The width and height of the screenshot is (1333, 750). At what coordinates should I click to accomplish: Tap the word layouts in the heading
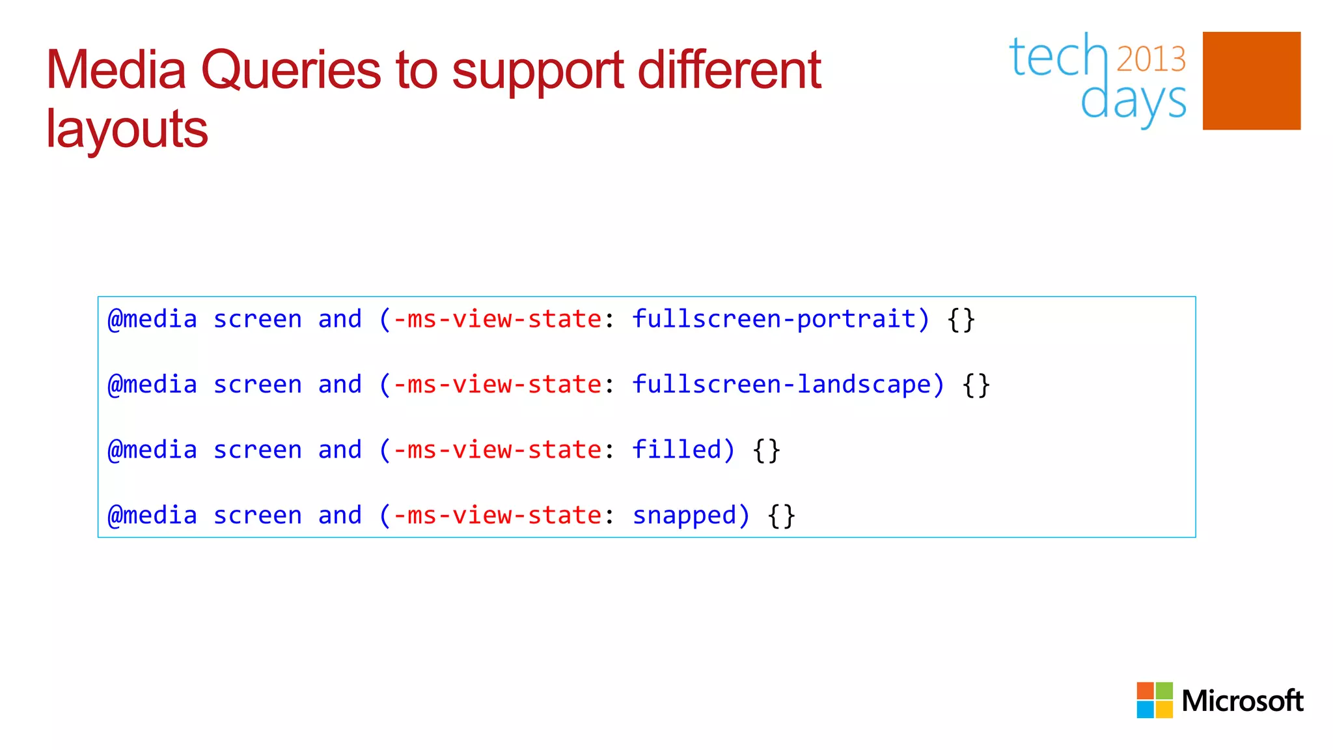click(127, 129)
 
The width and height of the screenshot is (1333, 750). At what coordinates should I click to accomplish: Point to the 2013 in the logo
click(1151, 59)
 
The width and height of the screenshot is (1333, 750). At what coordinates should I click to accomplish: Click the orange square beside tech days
click(1251, 81)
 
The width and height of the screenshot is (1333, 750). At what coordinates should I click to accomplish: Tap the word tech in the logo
click(1058, 57)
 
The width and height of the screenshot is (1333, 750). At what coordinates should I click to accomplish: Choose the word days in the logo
click(1133, 102)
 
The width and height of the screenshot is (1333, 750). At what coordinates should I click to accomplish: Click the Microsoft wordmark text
click(1242, 701)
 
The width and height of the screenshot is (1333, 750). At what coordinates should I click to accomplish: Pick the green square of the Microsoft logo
click(1164, 691)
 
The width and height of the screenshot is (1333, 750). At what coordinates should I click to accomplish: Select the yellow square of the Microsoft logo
click(1164, 709)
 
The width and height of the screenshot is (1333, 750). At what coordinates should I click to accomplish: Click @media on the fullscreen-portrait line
click(152, 319)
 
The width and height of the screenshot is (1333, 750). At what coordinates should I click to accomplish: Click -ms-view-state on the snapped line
click(497, 515)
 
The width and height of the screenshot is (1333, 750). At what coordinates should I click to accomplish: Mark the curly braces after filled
click(766, 450)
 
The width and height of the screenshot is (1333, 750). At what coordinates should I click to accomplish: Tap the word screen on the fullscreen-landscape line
click(257, 384)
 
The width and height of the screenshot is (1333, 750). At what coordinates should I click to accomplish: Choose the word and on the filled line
click(339, 449)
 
